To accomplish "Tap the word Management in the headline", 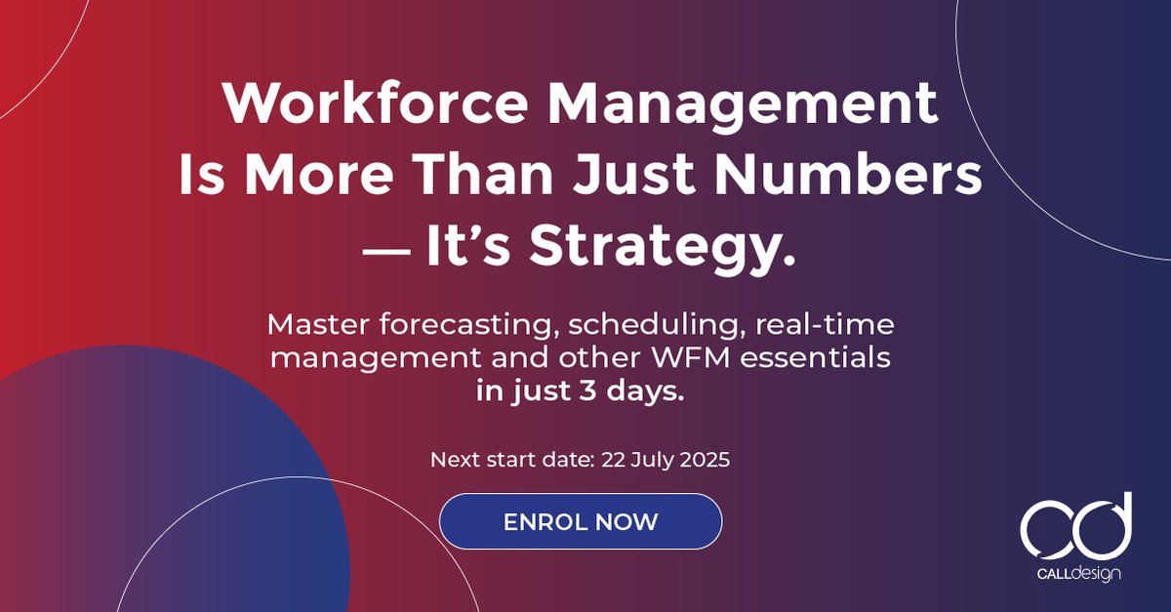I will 740,104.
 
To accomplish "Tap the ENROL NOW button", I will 581,521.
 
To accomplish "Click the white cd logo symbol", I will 1075,527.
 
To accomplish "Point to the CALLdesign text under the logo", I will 1076,574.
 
